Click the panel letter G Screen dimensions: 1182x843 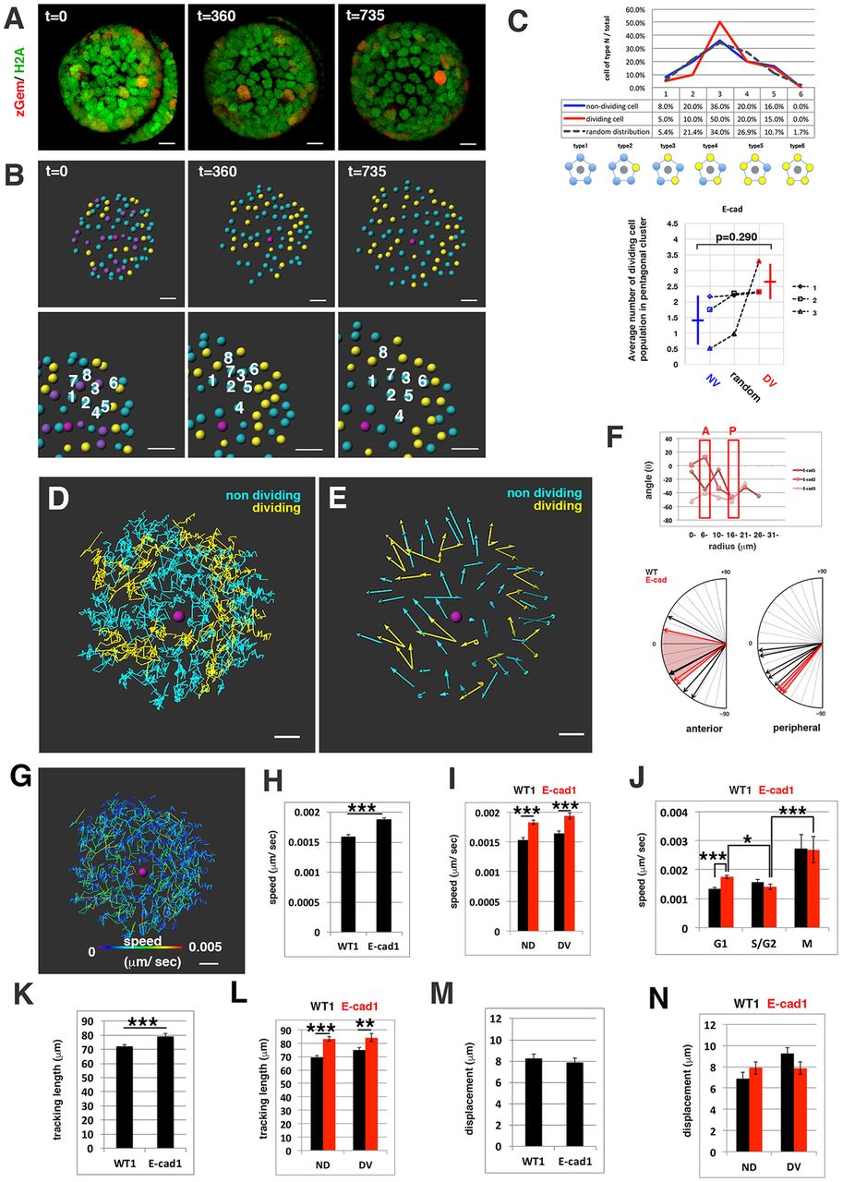(x=17, y=789)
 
